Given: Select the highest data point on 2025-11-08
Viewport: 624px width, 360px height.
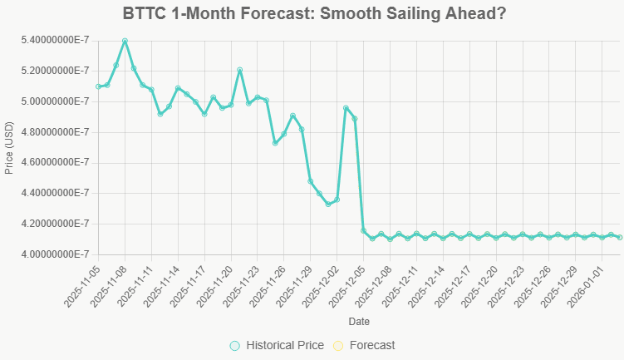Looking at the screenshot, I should tap(125, 41).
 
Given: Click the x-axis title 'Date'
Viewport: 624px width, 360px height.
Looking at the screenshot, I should tap(359, 321).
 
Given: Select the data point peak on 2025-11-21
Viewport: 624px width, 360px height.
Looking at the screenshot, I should tap(239, 70).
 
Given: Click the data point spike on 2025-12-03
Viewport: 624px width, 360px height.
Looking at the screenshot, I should tap(346, 108).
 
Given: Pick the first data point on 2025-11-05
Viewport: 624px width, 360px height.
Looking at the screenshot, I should tap(98, 86).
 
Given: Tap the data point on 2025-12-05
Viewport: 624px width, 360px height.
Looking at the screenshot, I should tap(363, 230).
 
